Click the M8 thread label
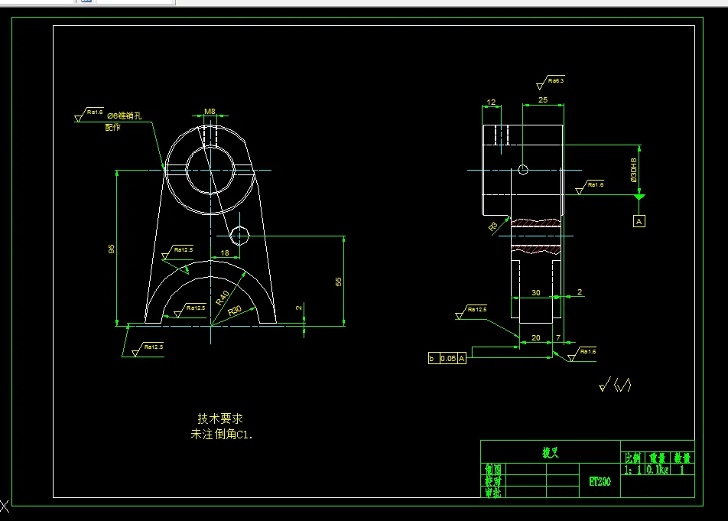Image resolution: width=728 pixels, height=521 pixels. [x=210, y=112]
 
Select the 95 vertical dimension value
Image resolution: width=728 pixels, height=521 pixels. [x=112, y=249]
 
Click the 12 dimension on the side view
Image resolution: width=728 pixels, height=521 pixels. [x=491, y=102]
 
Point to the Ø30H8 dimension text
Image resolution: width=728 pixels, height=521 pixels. [x=633, y=170]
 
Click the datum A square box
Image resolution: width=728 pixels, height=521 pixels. [x=639, y=221]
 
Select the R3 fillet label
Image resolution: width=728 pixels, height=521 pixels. [x=493, y=226]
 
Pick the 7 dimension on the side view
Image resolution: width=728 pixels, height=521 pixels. [x=558, y=337]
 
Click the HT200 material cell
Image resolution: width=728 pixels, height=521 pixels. [x=599, y=482]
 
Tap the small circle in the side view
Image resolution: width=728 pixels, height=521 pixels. [x=523, y=169]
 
